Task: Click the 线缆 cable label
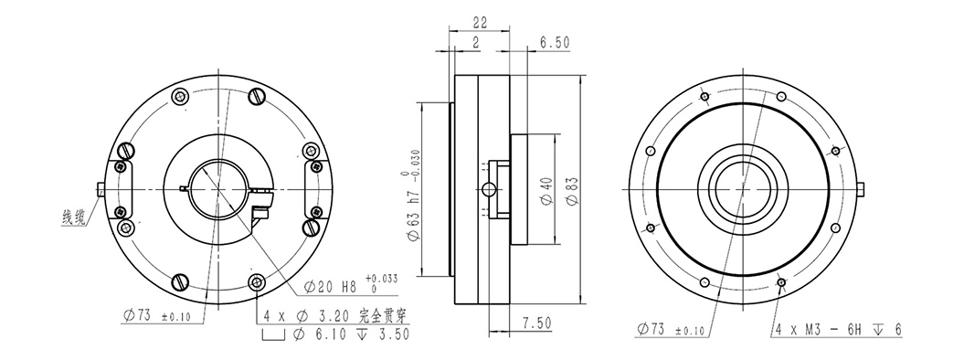pyautogui.click(x=73, y=217)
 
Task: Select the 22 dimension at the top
pyautogui.click(x=480, y=22)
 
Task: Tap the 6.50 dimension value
pyautogui.click(x=555, y=42)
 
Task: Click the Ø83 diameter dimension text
pyautogui.click(x=572, y=191)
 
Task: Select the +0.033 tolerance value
pyautogui.click(x=382, y=279)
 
